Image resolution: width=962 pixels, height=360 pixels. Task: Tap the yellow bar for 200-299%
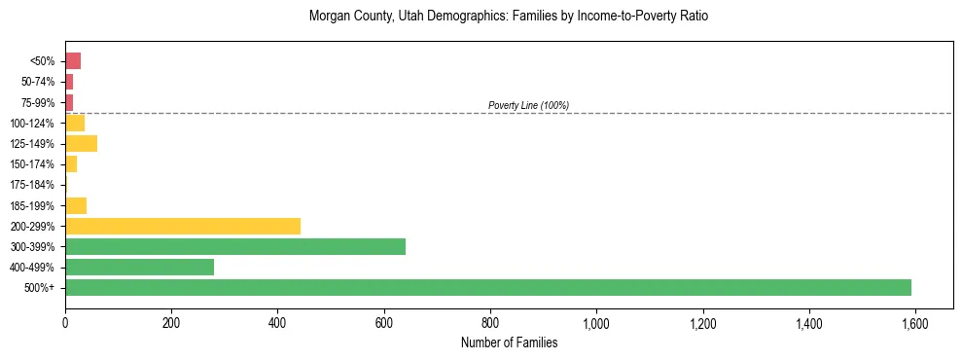coord(183,226)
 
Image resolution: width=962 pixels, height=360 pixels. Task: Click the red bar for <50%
coord(73,61)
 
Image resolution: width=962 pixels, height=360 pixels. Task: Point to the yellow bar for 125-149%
coord(81,144)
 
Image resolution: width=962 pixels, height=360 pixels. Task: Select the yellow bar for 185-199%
coord(76,205)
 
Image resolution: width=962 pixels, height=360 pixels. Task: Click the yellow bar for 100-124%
coord(75,124)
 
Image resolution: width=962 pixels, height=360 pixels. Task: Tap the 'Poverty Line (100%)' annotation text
coord(528,105)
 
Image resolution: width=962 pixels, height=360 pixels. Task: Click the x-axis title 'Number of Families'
coord(509,342)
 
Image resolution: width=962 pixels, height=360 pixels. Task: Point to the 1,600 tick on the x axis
coord(914,323)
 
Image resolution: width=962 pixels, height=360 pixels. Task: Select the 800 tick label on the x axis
coord(490,323)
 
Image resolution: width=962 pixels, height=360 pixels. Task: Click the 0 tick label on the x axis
coord(65,323)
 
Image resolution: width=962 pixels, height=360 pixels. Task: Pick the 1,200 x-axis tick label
coord(702,323)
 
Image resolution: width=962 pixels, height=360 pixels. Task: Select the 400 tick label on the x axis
coord(277,323)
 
